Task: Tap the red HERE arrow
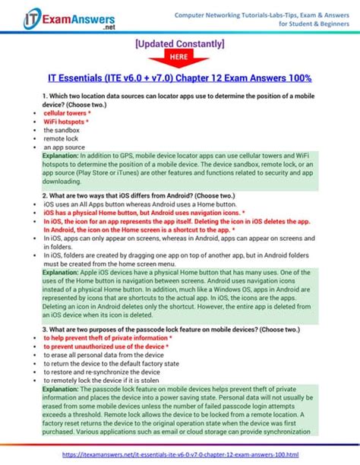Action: click(178, 58)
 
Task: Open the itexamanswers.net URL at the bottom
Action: click(179, 454)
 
